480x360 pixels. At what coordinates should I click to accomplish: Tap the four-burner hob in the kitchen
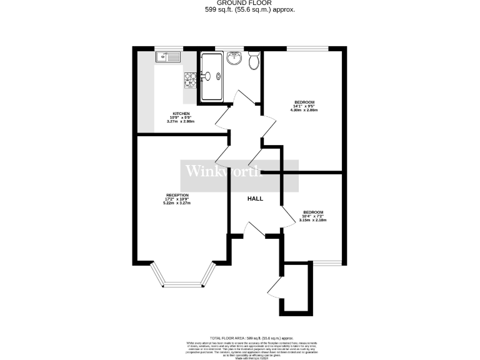tap(190, 79)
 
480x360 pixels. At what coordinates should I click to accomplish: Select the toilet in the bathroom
tap(253, 61)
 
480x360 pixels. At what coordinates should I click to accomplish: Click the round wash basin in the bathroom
tap(234, 59)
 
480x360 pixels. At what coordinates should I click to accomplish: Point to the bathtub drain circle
tap(218, 77)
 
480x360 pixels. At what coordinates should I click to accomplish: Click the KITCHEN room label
tap(181, 114)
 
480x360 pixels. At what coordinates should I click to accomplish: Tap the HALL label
tap(255, 199)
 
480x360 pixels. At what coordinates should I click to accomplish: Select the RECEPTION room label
tap(176, 195)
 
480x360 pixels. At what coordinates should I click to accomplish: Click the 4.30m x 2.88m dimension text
tap(304, 111)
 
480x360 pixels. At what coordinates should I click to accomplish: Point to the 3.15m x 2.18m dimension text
tap(313, 220)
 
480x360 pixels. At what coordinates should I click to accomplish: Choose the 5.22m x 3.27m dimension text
tap(176, 203)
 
